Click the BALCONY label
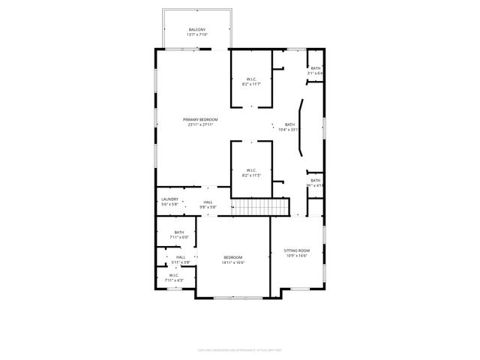pos(197,29)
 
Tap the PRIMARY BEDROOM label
pos(200,119)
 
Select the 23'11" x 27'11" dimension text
pos(200,124)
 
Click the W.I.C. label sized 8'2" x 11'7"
pos(251,79)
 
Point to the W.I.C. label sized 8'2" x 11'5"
pos(251,170)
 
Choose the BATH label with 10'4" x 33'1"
pos(289,124)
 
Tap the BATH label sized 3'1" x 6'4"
pos(316,68)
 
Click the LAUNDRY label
pos(169,199)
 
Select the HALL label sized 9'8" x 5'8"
pos(207,202)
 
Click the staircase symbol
pos(259,206)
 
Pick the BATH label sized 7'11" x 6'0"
pos(179,232)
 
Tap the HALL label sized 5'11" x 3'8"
pos(181,257)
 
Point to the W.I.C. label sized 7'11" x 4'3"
pos(173,275)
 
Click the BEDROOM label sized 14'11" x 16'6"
pos(233,258)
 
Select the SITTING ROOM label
pos(296,250)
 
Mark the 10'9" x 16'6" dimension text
pos(296,256)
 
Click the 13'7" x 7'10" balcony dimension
pos(197,34)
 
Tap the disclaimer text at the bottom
pos(239,349)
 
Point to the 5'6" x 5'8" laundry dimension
pos(169,204)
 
